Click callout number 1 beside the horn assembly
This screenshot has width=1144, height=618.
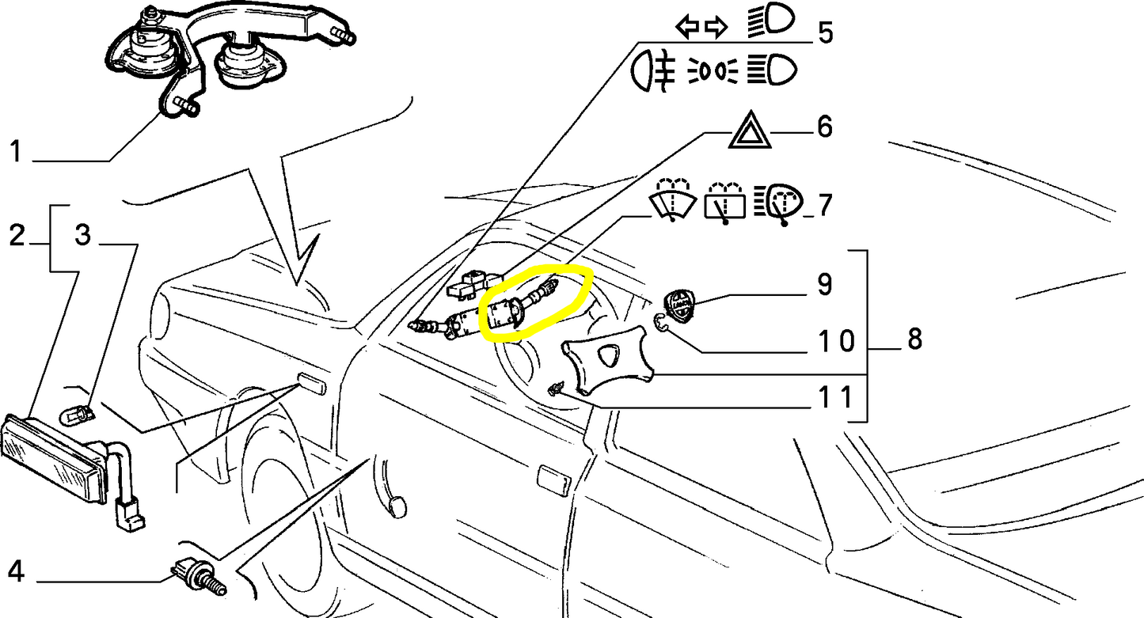click(x=16, y=152)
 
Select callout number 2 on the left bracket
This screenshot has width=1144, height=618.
click(x=17, y=235)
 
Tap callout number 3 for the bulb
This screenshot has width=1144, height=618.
click(x=83, y=235)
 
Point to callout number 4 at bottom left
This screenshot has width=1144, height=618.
click(x=16, y=571)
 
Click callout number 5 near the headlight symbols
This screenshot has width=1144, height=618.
click(x=825, y=32)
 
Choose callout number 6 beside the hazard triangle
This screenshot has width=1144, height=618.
click(x=825, y=126)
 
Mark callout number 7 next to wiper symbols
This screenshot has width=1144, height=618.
click(x=825, y=205)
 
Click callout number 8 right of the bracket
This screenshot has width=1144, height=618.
click(x=914, y=339)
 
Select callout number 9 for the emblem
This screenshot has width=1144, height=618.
click(x=825, y=284)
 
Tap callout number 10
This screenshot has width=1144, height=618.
click(x=836, y=340)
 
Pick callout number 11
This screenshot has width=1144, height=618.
click(x=835, y=396)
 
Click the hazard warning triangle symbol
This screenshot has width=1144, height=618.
click(x=750, y=131)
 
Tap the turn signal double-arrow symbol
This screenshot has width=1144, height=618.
click(x=701, y=27)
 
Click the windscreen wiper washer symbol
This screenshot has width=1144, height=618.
click(x=673, y=200)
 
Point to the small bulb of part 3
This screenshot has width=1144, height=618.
click(x=77, y=415)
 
